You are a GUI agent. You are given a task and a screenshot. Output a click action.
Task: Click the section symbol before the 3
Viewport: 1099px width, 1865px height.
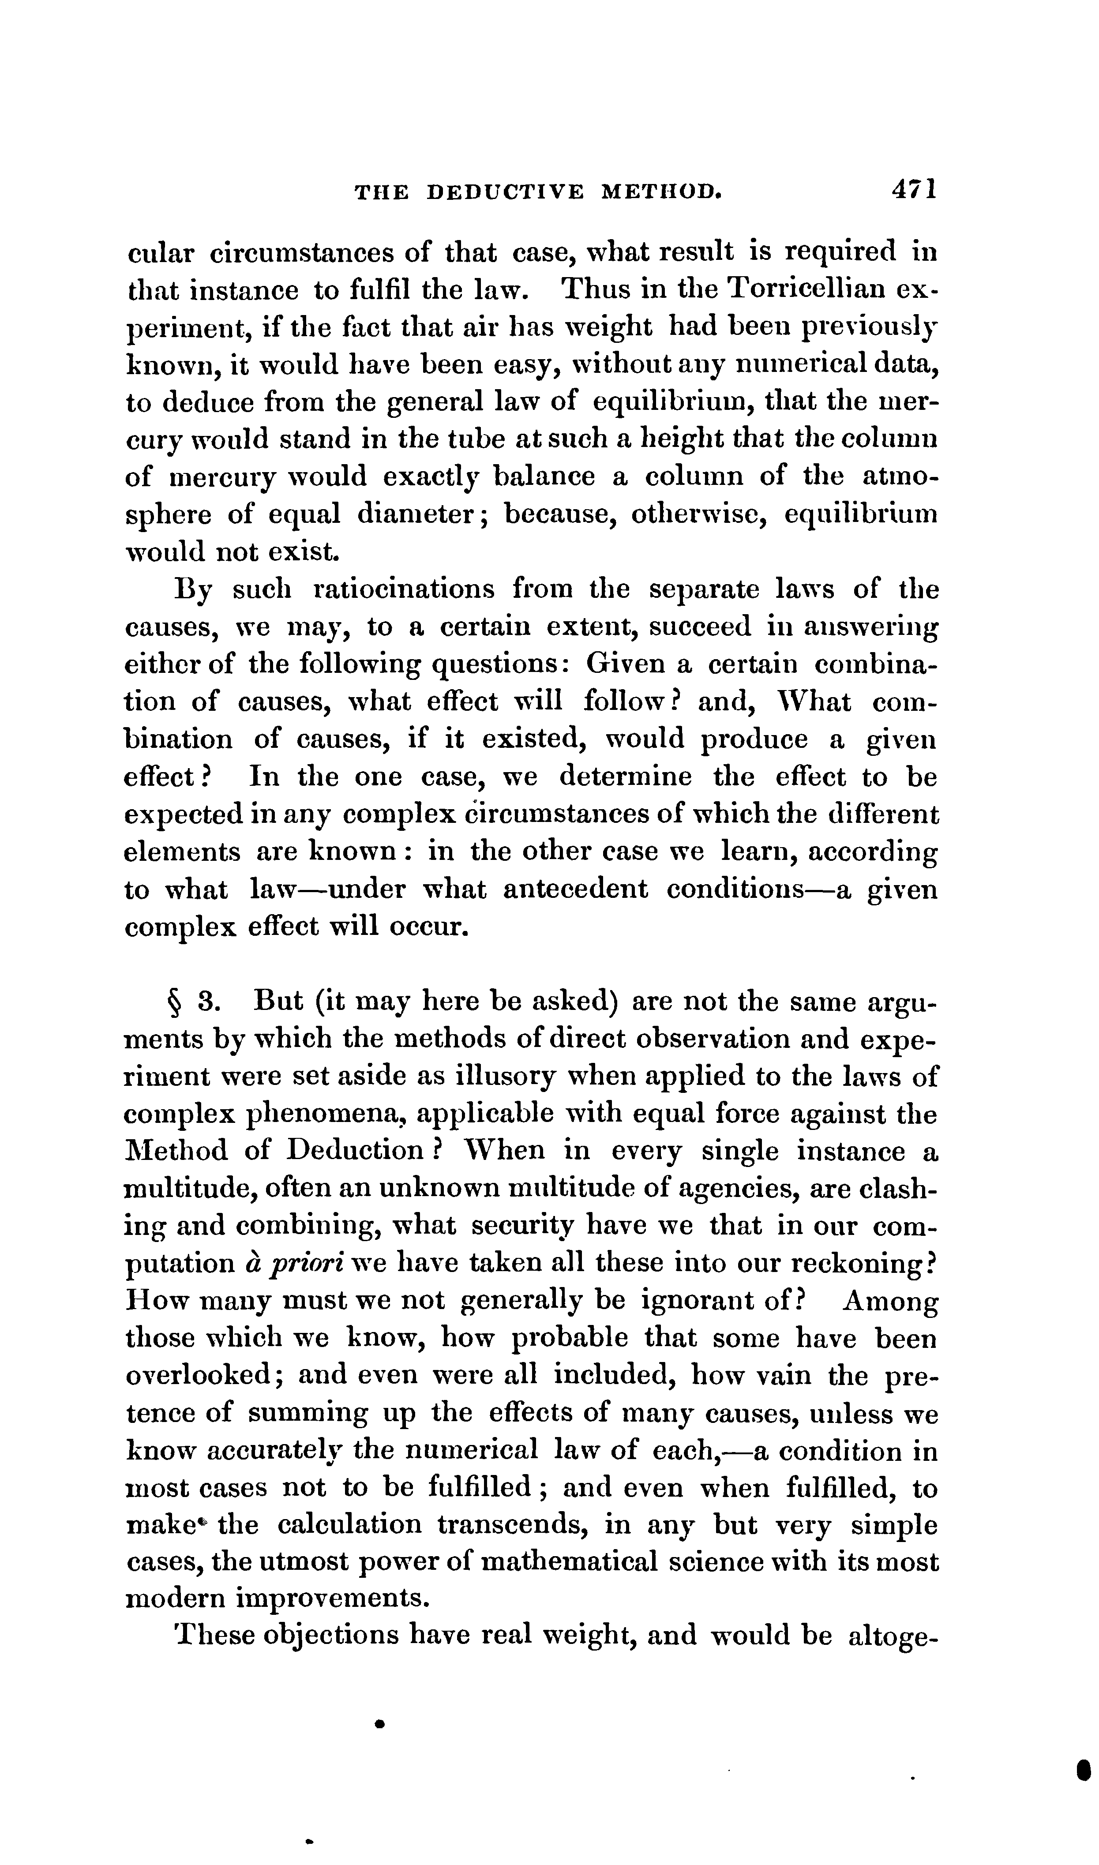pyautogui.click(x=175, y=1004)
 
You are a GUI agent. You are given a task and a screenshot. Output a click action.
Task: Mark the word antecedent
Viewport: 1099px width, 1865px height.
pyautogui.click(x=575, y=889)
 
